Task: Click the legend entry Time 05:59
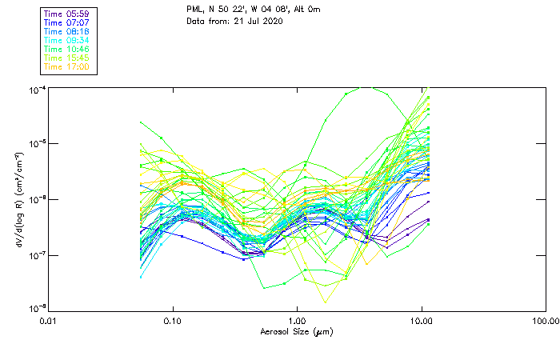point(66,14)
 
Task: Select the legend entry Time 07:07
point(66,23)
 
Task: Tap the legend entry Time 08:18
point(66,32)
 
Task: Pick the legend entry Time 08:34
point(66,40)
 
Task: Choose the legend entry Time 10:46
point(66,49)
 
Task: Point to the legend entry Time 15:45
point(66,58)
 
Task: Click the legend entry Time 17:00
point(66,66)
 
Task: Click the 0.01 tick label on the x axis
point(50,322)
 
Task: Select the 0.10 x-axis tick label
point(173,322)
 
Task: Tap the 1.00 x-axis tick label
point(297,322)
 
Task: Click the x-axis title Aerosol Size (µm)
point(297,331)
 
